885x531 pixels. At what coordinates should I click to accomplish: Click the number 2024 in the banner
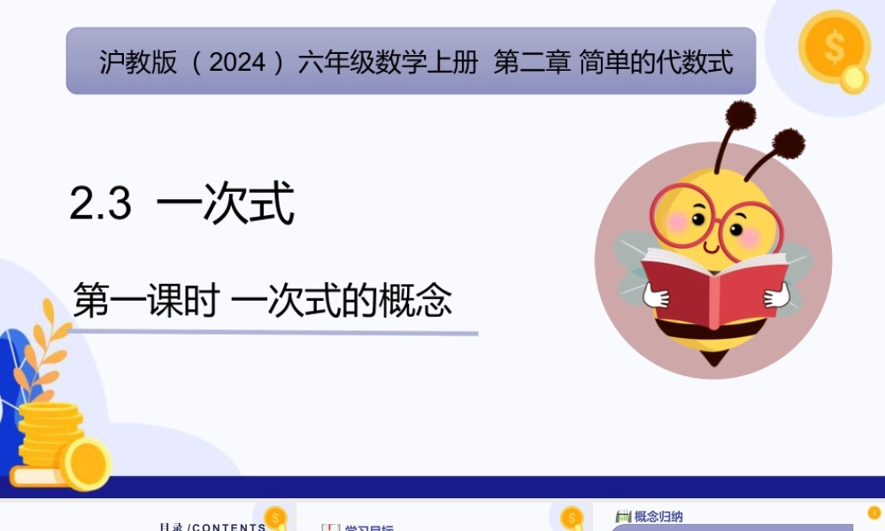(x=239, y=63)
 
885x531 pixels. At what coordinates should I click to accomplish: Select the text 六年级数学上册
(x=388, y=63)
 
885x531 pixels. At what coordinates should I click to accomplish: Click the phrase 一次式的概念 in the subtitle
(x=342, y=300)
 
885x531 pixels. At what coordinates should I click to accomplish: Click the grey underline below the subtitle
(x=274, y=334)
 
